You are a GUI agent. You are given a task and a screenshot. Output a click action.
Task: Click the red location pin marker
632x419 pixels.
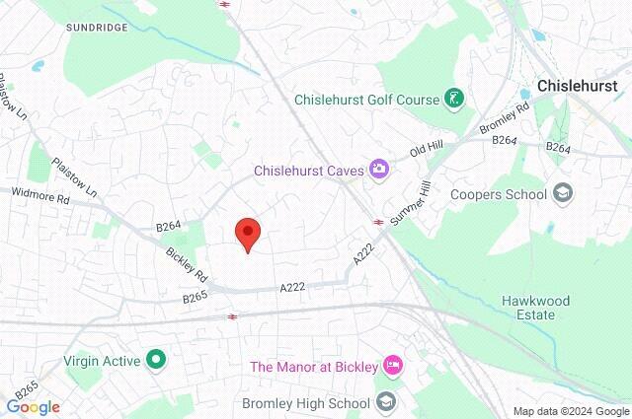(x=247, y=234)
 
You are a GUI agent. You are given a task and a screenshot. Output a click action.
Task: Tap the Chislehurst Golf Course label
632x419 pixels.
(x=365, y=99)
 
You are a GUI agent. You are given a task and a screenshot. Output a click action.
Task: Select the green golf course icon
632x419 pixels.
(x=453, y=99)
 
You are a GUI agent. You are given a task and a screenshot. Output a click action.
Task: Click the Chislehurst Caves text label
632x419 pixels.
(x=308, y=171)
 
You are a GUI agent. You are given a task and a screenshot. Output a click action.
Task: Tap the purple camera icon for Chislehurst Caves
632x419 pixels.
(x=378, y=170)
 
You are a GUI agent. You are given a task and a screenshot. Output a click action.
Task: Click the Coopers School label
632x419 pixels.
(x=498, y=193)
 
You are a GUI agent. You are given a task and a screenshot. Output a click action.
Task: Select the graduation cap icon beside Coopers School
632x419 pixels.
(x=563, y=192)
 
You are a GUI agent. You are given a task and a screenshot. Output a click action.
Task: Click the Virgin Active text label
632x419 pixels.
(x=103, y=361)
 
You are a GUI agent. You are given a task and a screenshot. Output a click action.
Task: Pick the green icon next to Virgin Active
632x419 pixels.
(x=155, y=360)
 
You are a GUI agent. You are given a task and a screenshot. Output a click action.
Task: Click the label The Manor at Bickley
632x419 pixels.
(x=313, y=367)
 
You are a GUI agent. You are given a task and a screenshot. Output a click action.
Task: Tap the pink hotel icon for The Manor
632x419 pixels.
(x=393, y=367)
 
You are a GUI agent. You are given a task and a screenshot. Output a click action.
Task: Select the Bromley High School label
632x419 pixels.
(x=306, y=403)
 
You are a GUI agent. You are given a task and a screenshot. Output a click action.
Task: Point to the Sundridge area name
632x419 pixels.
(x=97, y=28)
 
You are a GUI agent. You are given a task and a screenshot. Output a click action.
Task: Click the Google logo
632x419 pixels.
(x=34, y=407)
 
